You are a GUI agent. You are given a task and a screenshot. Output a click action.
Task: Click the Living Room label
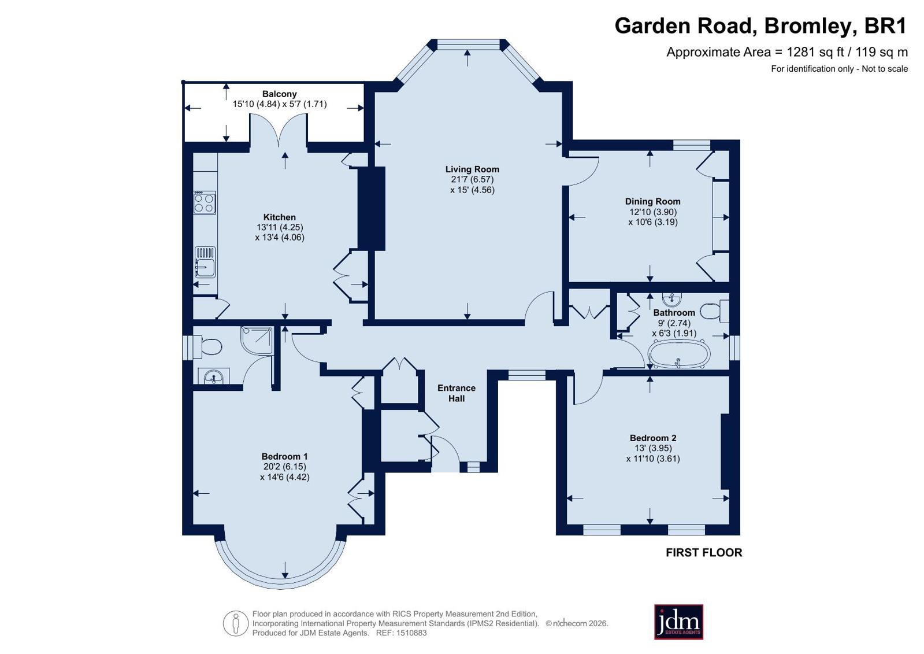[x=472, y=169]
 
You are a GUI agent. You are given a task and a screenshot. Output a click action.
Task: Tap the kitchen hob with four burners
[x=205, y=202]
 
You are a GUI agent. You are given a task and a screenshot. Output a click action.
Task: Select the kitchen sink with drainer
[x=205, y=262]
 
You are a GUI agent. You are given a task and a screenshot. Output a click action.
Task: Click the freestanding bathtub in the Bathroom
[x=679, y=354]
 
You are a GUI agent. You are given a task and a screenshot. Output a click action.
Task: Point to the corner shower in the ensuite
[x=257, y=340]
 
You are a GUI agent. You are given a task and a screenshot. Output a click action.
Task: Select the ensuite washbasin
[x=214, y=376]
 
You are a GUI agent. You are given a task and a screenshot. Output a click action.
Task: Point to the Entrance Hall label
[x=457, y=393]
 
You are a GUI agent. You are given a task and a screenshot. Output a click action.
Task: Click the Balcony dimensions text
[x=280, y=104]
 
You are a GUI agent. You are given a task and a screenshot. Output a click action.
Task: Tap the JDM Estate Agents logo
[x=678, y=622]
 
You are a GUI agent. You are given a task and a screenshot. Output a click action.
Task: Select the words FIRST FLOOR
[x=704, y=552]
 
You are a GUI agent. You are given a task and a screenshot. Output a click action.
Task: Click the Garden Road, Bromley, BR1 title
[x=760, y=26]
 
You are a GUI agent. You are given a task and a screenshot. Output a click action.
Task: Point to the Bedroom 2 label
[x=653, y=438]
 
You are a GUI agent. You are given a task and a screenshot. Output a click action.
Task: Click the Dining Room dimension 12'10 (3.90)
[x=653, y=212]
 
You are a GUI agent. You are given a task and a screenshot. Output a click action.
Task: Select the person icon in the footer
[x=236, y=623]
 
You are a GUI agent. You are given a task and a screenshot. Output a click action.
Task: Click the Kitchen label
[x=280, y=217]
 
